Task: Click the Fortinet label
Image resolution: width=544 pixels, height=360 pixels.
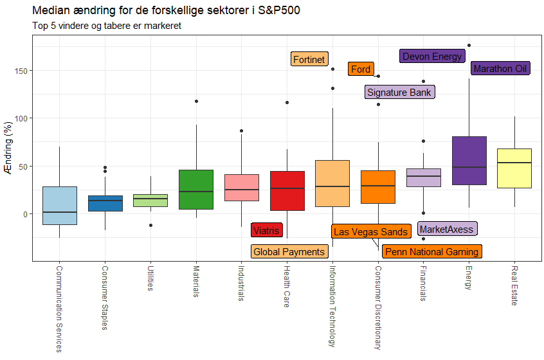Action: [309, 59]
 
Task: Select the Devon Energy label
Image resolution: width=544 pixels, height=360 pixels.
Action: [431, 56]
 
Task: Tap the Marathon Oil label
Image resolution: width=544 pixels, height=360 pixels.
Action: [500, 68]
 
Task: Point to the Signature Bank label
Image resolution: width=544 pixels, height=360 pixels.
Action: [399, 92]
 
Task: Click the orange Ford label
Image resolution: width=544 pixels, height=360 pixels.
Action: [361, 69]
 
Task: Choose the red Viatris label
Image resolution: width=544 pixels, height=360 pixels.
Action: [266, 230]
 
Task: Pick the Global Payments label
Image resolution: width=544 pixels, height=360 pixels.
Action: [289, 251]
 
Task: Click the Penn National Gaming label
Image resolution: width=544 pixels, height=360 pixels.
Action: [431, 251]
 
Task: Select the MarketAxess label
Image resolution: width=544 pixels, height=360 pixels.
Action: [446, 229]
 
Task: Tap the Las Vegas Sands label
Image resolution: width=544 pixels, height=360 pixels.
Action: [370, 231]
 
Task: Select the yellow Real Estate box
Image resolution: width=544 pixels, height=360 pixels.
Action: [515, 168]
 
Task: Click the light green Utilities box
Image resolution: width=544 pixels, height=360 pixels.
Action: [150, 201]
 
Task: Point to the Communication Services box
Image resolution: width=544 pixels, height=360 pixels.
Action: [60, 206]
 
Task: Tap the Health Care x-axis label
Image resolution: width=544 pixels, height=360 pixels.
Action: [287, 287]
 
